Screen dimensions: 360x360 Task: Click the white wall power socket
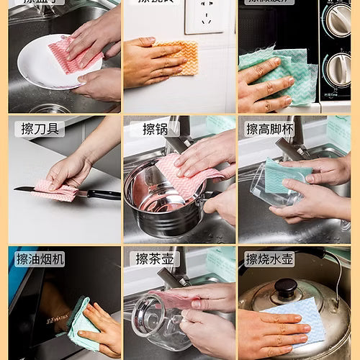pos(203,17)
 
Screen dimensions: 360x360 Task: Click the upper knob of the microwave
pos(337,20)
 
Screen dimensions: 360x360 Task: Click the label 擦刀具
pos(40,129)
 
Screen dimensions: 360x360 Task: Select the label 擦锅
pos(155,129)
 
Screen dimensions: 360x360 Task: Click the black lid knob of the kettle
pos(286,289)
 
